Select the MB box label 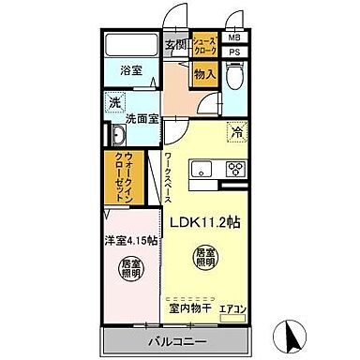click(233, 38)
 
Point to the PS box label click(233, 52)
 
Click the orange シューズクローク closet click(205, 44)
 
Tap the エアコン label click(232, 307)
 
